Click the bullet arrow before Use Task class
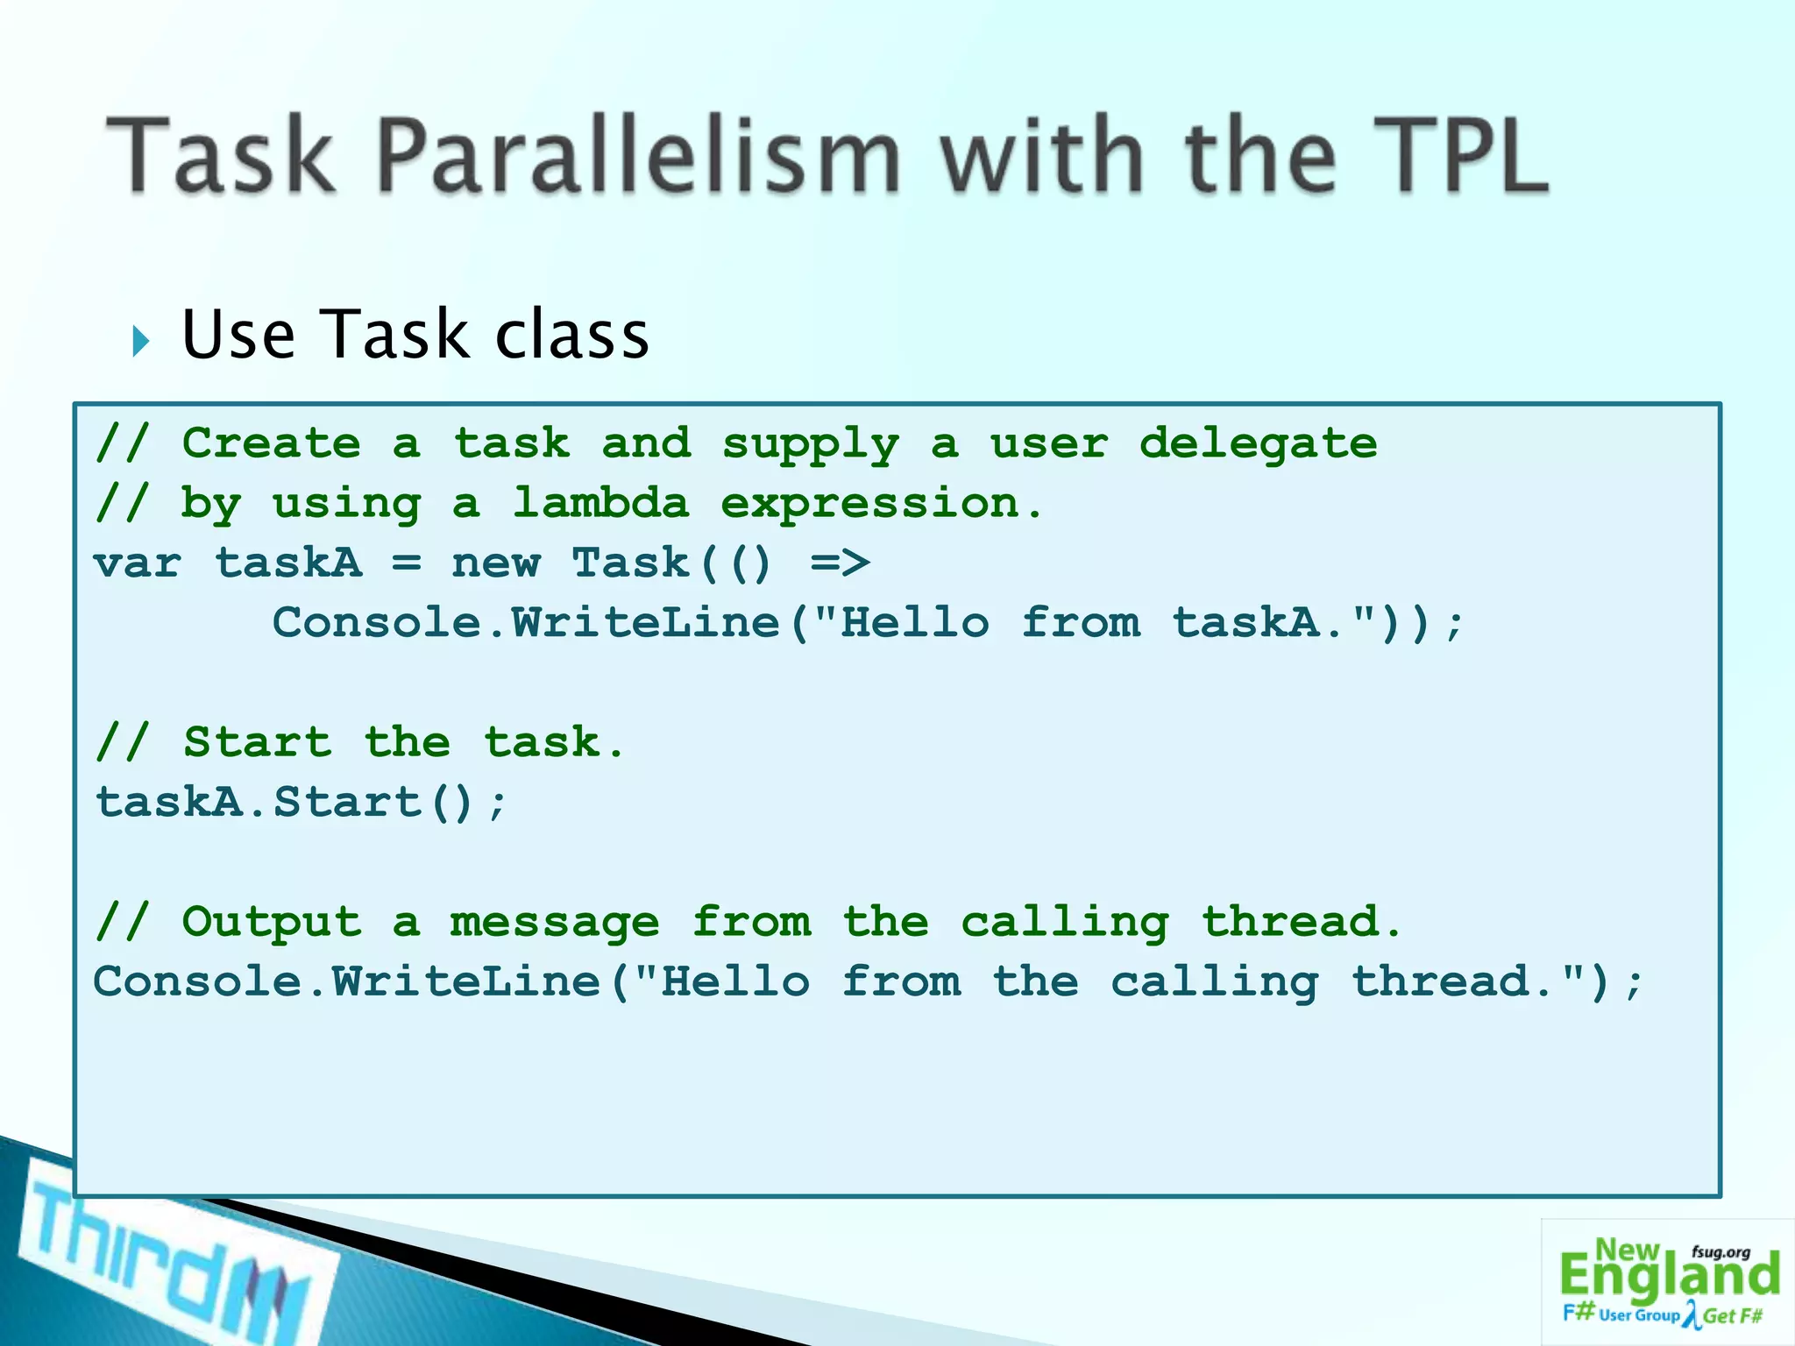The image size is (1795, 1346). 141,340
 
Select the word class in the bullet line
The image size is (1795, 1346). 571,336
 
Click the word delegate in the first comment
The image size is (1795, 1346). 1258,443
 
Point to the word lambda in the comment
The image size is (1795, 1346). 600,503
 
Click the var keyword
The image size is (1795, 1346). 138,563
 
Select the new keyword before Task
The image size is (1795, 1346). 495,563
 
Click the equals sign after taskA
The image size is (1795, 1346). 407,563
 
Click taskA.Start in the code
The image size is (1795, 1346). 259,803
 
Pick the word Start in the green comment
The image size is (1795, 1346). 258,743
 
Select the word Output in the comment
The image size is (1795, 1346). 272,922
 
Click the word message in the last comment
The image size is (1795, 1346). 554,924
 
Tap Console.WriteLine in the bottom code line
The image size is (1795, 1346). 347,981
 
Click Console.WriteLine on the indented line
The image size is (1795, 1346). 526,623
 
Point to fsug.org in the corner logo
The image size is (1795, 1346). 1721,1252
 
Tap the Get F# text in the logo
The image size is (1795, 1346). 1733,1316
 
